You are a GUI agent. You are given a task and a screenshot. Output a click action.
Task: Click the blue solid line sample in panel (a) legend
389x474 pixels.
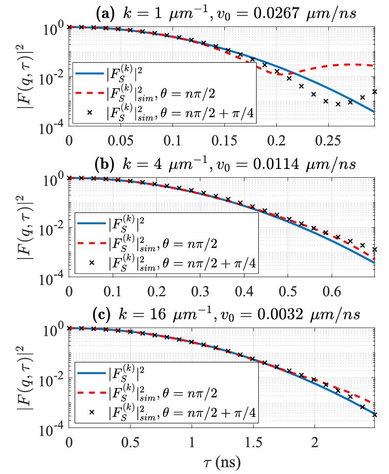pyautogui.click(x=89, y=74)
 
